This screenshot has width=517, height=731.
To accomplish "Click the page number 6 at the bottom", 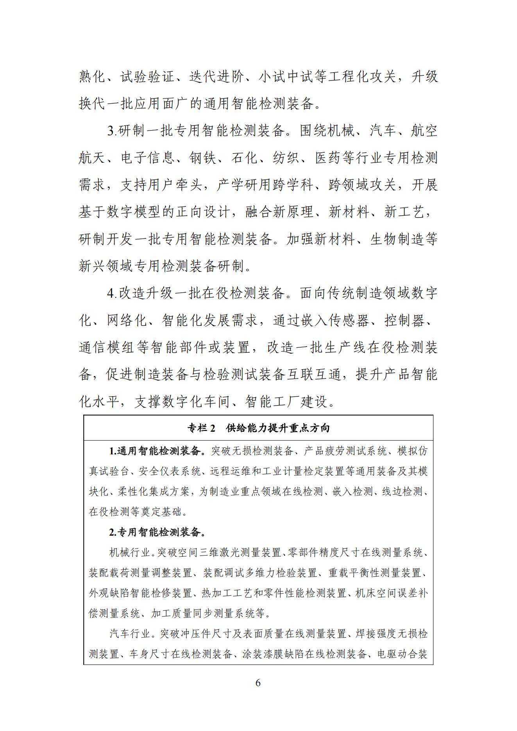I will pyautogui.click(x=258, y=683).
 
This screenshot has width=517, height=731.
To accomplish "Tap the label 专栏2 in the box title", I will pyautogui.click(x=202, y=428).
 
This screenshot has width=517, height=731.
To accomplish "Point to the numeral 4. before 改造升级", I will pyautogui.click(x=112, y=293).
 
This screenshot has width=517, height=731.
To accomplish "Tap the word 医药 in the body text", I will pyautogui.click(x=329, y=158).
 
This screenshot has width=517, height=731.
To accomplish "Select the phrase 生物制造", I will pyautogui.click(x=397, y=239).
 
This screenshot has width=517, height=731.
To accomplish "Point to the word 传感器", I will pyautogui.click(x=349, y=321).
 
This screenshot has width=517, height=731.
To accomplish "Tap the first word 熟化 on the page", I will pyautogui.click(x=93, y=77).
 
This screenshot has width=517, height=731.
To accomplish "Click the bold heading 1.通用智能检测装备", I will pyautogui.click(x=157, y=451).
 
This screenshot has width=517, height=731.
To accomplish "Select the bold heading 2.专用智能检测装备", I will pyautogui.click(x=157, y=532).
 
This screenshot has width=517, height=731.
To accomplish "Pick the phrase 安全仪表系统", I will pyautogui.click(x=170, y=471).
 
